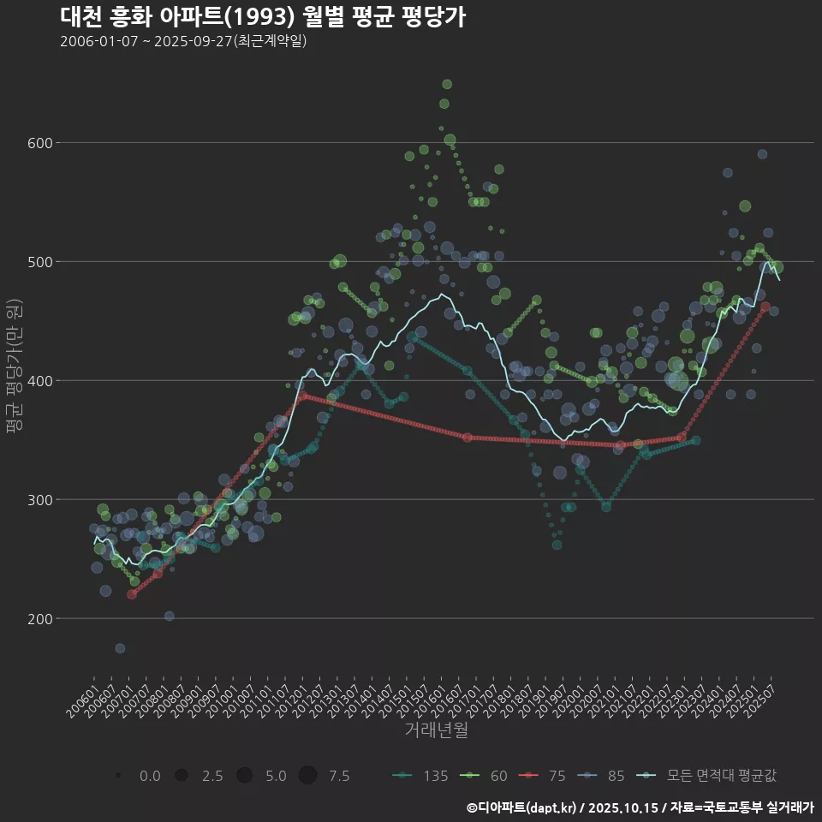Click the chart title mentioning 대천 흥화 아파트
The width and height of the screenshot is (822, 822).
[263, 17]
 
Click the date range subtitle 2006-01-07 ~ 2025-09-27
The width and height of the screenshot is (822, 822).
[183, 41]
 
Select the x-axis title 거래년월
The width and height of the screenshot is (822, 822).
[437, 730]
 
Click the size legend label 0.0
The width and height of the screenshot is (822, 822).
[150, 776]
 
